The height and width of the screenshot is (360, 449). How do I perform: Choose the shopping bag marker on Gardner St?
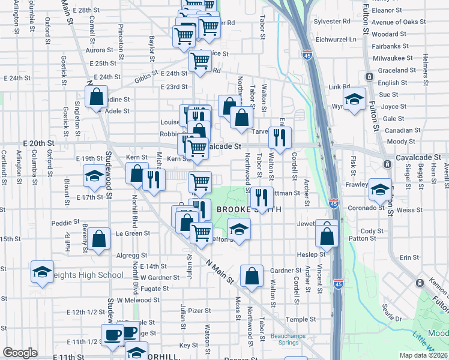252,276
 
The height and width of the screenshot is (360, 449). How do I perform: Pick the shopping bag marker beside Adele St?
96,96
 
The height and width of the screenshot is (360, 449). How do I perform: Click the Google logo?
20,353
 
